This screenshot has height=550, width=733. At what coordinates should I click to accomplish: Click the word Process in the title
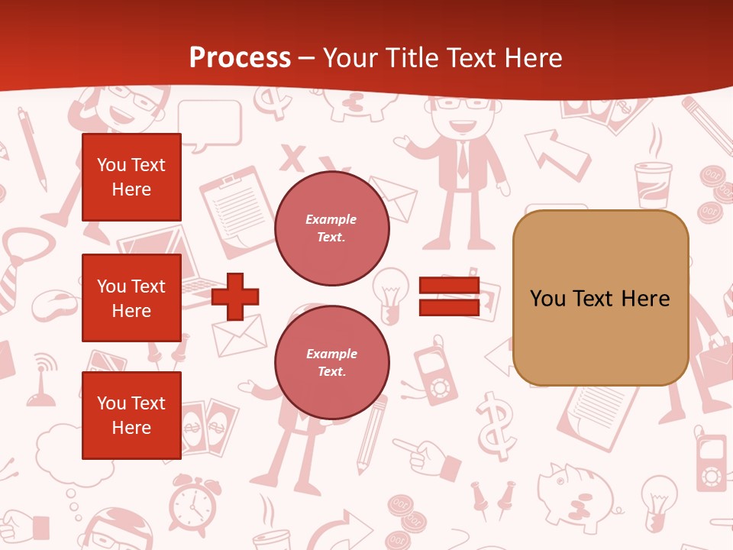[240, 58]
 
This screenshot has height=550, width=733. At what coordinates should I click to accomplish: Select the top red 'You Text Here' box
[131, 177]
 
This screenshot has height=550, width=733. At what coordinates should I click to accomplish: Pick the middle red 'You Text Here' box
[131, 298]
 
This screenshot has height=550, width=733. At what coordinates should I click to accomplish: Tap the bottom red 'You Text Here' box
[131, 416]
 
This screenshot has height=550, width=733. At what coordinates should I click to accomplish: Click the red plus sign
[234, 296]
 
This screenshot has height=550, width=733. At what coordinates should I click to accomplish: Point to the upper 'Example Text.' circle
[331, 228]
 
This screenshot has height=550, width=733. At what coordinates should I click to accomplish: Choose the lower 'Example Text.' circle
[331, 363]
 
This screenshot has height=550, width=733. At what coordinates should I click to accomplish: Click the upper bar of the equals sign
[449, 286]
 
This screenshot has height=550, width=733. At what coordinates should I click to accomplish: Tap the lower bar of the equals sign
[449, 307]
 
